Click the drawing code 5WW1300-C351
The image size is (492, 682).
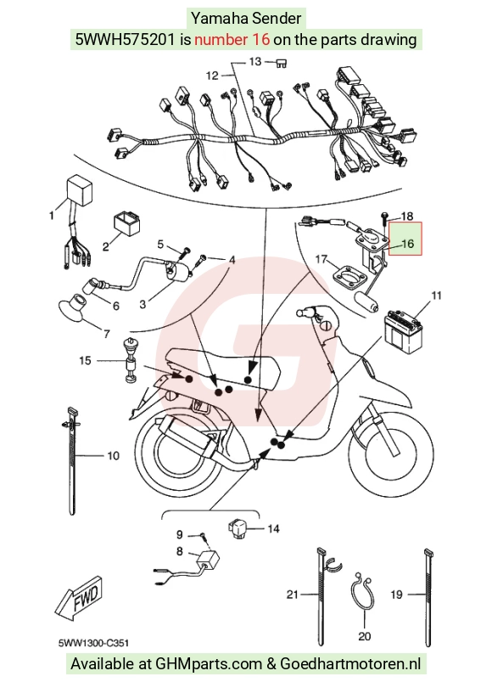[x=93, y=643]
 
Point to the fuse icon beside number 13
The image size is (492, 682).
[x=282, y=64]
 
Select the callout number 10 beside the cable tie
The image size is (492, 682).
[x=113, y=456]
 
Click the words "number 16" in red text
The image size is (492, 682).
[x=232, y=40]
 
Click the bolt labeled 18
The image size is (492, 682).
[x=385, y=218]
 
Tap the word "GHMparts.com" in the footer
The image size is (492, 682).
[x=209, y=664]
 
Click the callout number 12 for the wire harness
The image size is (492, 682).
[x=212, y=76]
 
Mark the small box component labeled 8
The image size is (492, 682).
[x=208, y=560]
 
